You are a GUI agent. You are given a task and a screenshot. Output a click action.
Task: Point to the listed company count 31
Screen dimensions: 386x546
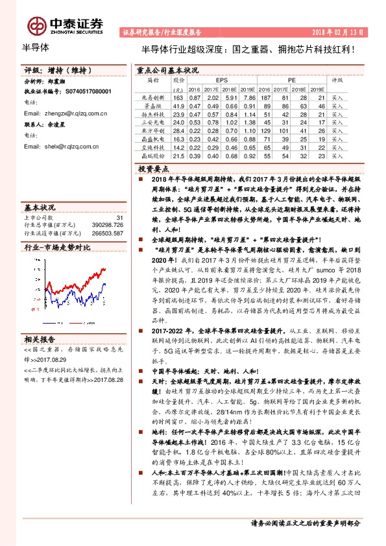click(x=119, y=218)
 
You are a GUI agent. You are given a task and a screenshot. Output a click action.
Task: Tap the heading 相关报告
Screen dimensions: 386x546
click(x=40, y=338)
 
